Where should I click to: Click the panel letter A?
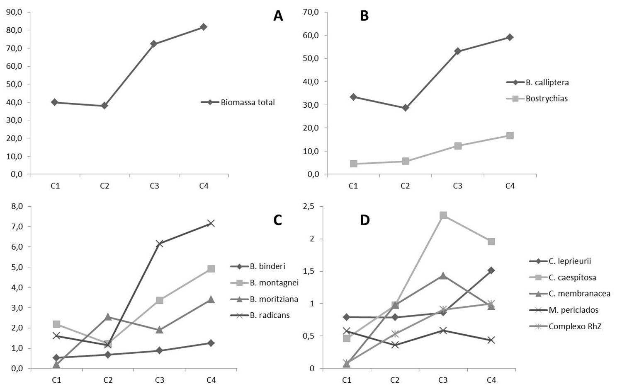pos(278,16)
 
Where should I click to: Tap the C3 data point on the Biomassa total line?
pos(154,43)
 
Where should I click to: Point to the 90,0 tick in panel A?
pos(15,12)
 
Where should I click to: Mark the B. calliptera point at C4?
pos(510,37)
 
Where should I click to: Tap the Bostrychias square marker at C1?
pos(353,164)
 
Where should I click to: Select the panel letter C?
pos(278,220)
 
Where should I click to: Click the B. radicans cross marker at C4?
pos(211,223)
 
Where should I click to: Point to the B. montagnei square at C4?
pos(211,269)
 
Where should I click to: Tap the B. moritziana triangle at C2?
pos(108,317)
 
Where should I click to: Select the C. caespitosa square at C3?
pos(443,215)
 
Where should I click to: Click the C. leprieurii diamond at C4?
pos(491,270)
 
